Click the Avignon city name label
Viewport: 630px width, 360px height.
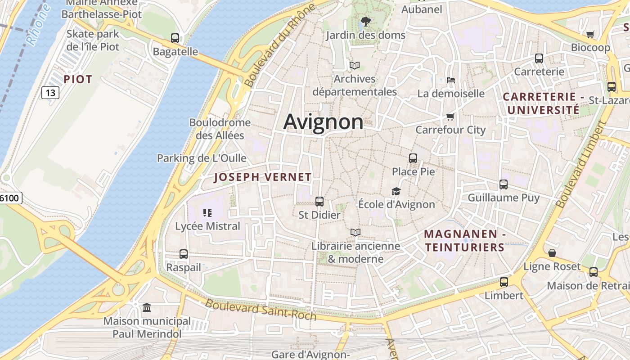323,121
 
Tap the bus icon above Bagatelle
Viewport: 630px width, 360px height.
175,38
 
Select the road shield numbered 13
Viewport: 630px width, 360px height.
50,93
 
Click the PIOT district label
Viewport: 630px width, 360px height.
78,80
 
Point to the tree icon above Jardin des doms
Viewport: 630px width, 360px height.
365,21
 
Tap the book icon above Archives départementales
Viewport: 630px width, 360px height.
355,65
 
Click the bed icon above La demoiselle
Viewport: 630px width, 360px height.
451,80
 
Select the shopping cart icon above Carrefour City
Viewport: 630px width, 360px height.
450,117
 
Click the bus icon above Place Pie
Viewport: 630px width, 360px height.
413,158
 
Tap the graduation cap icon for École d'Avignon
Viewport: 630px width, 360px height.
396,191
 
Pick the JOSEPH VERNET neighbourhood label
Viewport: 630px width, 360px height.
263,177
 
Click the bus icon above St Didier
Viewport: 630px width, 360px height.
319,202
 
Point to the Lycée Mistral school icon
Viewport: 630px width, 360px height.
207,213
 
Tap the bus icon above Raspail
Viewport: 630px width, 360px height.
184,254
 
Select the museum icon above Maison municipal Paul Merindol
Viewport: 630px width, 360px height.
147,308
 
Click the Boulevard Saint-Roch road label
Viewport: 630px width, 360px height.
261,310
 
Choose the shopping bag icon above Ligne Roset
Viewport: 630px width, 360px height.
552,253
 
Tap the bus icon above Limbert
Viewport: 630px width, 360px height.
504,282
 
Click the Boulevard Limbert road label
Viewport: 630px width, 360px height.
581,165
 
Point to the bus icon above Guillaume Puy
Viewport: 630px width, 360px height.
504,184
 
